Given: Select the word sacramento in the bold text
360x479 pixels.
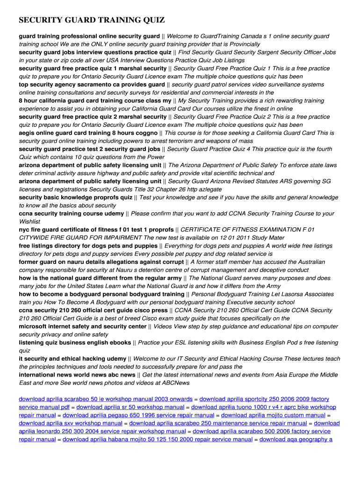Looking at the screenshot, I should click(x=104, y=85).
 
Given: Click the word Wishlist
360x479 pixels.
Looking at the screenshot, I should click(x=29, y=222).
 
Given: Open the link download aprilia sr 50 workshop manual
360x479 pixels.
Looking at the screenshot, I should click(x=130, y=407).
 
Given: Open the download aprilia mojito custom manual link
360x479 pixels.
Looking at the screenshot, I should click(x=273, y=415).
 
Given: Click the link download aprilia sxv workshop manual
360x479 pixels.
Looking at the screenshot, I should click(x=71, y=423).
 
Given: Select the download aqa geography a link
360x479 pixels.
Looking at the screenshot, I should click(x=295, y=440).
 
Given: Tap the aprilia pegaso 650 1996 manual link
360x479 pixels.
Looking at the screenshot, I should click(x=138, y=415).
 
